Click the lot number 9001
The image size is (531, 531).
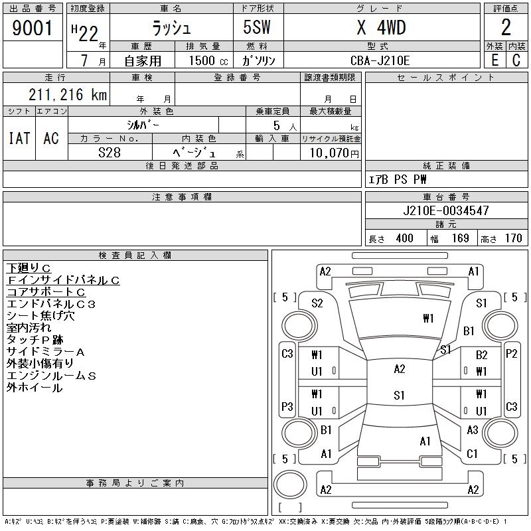(x=32, y=28)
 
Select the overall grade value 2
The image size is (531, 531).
(x=506, y=27)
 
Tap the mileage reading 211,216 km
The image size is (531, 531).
(x=68, y=94)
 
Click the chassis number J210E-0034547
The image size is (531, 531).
(x=446, y=210)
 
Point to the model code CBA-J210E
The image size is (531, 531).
(x=380, y=60)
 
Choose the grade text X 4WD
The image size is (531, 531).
(x=381, y=27)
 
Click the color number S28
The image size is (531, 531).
(x=110, y=153)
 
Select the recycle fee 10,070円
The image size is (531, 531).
(x=334, y=153)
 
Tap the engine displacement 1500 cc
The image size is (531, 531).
(x=208, y=60)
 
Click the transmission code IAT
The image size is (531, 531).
(x=19, y=138)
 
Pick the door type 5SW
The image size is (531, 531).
(x=257, y=27)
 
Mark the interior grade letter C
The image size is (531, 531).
(x=516, y=60)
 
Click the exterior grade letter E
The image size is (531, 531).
(x=494, y=60)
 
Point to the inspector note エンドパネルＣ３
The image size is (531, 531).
(x=51, y=304)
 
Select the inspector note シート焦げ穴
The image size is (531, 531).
(x=40, y=316)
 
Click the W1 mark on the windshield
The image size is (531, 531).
(x=428, y=319)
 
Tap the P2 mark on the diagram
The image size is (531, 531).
(x=511, y=354)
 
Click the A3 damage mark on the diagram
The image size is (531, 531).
(x=473, y=430)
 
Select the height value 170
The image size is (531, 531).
(x=513, y=238)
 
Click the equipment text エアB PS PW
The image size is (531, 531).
(x=397, y=179)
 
